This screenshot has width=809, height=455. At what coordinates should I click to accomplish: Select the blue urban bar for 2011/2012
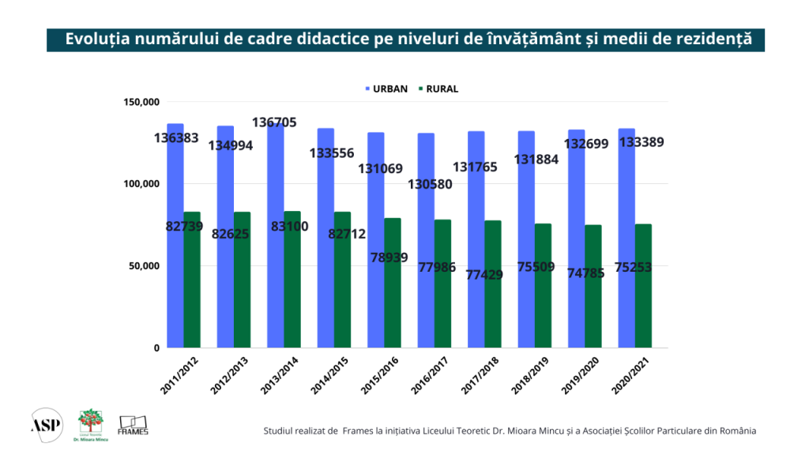point(175,237)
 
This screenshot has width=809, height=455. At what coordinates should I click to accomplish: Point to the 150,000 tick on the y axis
point(141,102)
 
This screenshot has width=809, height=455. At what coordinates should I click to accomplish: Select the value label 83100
point(290,227)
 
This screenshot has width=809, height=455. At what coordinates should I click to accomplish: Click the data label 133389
point(641,142)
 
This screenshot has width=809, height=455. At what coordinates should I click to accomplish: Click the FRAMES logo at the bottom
point(133,425)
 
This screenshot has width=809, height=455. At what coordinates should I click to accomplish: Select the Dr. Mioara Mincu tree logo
point(89,423)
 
